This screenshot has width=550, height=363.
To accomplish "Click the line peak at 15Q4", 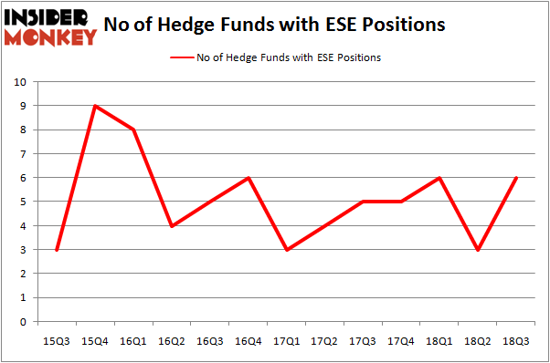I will pyautogui.click(x=95, y=106).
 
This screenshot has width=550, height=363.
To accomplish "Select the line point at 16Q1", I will pyautogui.click(x=133, y=130).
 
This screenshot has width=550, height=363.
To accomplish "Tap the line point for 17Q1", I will pyautogui.click(x=288, y=249).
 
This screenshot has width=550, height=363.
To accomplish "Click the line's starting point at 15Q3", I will pyautogui.click(x=57, y=249).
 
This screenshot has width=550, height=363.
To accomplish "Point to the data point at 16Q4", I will pyautogui.click(x=249, y=178).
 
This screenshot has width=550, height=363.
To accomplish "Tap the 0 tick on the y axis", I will pyautogui.click(x=21, y=321).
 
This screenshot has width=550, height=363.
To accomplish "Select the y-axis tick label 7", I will pyautogui.click(x=21, y=154).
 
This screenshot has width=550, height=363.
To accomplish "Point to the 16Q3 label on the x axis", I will pyautogui.click(x=210, y=340).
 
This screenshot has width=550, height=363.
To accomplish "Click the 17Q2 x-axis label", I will pyautogui.click(x=326, y=340).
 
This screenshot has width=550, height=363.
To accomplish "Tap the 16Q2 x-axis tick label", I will pyautogui.click(x=172, y=340).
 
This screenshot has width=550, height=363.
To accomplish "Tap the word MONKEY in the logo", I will pyautogui.click(x=51, y=37).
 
